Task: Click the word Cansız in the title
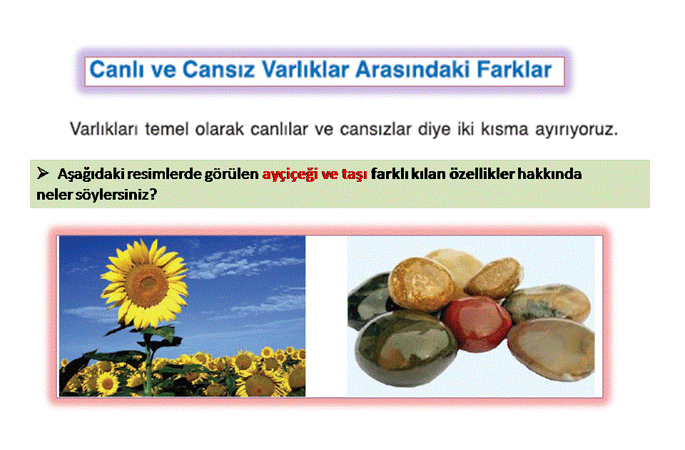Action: tap(218, 70)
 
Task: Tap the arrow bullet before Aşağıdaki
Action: tap(43, 173)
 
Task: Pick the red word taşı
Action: tap(355, 175)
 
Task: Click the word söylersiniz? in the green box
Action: tap(116, 195)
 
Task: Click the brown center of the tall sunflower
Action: tap(147, 284)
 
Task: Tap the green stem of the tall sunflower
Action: tap(149, 362)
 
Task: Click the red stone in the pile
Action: tap(477, 324)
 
